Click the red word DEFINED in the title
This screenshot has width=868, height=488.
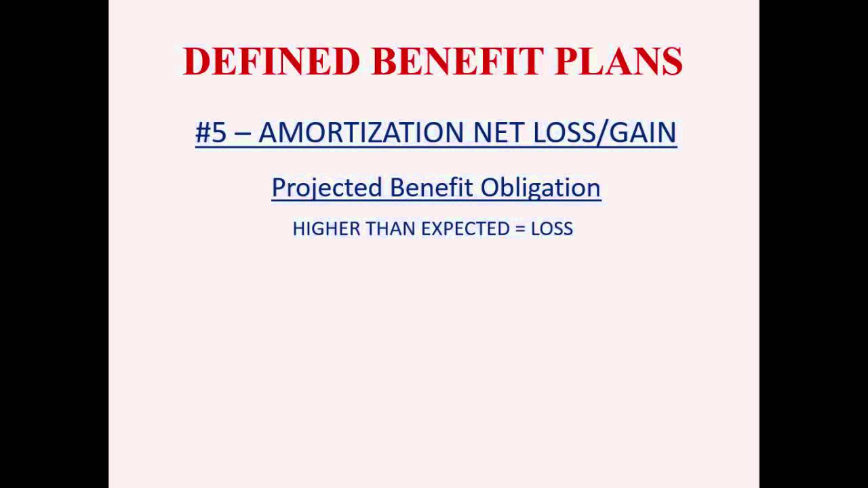[271, 61]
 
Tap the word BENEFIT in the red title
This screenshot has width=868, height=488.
[458, 61]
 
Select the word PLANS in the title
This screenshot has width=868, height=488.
[618, 61]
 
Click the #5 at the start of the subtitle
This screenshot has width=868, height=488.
[210, 132]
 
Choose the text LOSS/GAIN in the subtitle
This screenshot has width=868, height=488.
[605, 132]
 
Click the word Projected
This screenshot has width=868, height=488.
[327, 187]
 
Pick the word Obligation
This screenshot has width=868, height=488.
[540, 187]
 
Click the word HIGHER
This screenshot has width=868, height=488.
[326, 229]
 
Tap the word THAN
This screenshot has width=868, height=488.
[391, 229]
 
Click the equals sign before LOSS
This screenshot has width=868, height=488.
[520, 229]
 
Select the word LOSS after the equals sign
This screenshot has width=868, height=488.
[552, 229]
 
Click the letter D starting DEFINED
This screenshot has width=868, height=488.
[195, 61]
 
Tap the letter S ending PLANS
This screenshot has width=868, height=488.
[671, 61]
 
